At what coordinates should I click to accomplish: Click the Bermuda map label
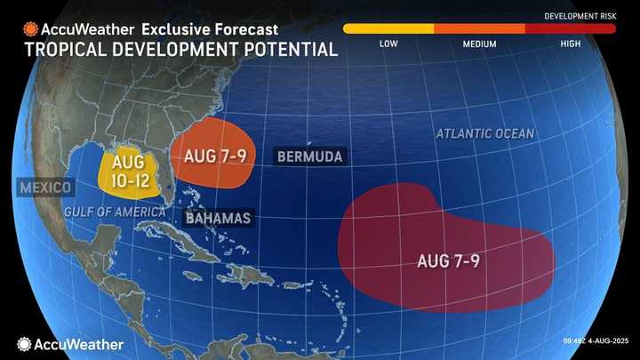pyautogui.click(x=309, y=156)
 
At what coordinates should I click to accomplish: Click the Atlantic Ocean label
pyautogui.click(x=484, y=133)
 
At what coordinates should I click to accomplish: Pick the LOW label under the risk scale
pyautogui.click(x=388, y=43)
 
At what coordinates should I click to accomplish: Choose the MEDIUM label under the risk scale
pyautogui.click(x=480, y=43)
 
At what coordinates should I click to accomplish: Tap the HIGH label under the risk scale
pyautogui.click(x=571, y=43)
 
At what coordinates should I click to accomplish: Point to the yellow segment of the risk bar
pyautogui.click(x=388, y=28)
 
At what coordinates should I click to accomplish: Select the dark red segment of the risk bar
pyautogui.click(x=570, y=28)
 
